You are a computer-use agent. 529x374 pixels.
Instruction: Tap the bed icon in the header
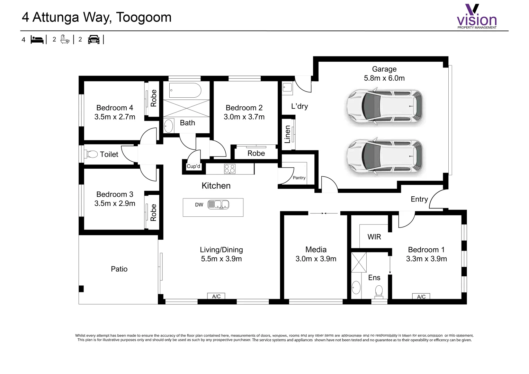[x=37, y=39]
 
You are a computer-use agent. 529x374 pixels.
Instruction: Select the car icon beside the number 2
[x=93, y=39]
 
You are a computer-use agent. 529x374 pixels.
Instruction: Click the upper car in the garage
[x=385, y=107]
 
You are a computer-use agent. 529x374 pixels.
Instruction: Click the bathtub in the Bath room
[x=185, y=90]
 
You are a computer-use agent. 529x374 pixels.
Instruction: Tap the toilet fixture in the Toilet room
[x=92, y=154]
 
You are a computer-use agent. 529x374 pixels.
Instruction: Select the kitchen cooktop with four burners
[x=230, y=169]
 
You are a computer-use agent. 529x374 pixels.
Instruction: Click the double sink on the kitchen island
[x=218, y=205]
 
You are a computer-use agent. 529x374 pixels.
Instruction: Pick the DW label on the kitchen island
[x=199, y=205]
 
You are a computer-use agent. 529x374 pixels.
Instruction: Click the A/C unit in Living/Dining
[x=216, y=296]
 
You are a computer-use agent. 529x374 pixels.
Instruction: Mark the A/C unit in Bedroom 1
[x=421, y=296]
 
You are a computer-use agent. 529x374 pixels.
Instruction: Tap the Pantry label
[x=299, y=178]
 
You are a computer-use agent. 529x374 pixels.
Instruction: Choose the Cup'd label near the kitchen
[x=193, y=166]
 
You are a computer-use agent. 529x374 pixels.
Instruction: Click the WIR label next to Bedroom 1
[x=374, y=237]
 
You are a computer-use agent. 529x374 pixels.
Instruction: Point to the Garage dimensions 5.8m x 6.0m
[x=384, y=78]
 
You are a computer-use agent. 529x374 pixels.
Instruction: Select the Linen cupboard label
[x=287, y=134]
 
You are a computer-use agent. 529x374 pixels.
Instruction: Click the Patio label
[x=119, y=269]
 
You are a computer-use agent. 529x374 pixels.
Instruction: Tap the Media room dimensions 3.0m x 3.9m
[x=316, y=259]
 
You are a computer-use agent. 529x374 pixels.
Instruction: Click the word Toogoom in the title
[x=143, y=17]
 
